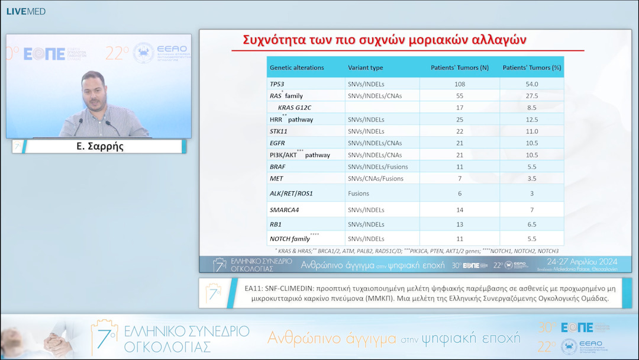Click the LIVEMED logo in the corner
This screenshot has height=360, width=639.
tap(25, 11)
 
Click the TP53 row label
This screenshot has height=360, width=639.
tap(277, 84)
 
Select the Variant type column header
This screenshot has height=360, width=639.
tap(365, 67)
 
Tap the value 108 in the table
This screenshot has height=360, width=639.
tap(460, 84)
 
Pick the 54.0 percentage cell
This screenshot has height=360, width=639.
tap(531, 84)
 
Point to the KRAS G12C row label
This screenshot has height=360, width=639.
tap(294, 108)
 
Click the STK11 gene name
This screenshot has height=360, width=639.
tap(278, 131)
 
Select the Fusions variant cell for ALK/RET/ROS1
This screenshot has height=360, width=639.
tap(359, 194)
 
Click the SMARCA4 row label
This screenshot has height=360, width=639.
tap(284, 210)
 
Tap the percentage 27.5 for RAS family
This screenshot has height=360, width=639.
tap(531, 96)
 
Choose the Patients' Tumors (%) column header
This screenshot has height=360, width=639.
tap(531, 67)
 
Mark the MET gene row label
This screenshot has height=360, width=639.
tap(276, 178)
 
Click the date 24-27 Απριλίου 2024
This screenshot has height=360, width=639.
tap(582, 262)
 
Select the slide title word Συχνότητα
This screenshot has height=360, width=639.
tap(276, 40)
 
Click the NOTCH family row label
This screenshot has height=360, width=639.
tap(290, 239)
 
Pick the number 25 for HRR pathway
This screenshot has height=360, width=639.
tap(460, 120)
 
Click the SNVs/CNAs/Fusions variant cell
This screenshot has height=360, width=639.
tap(376, 178)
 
